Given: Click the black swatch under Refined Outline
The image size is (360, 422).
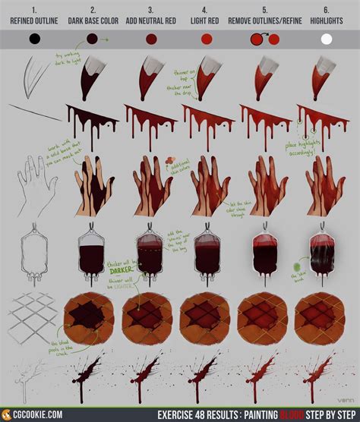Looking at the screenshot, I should (34, 39).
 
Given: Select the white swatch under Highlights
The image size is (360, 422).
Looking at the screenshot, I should (327, 39).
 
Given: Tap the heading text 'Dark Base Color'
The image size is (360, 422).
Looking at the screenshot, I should (93, 21).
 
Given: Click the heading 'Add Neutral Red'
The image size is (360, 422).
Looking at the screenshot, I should (150, 21).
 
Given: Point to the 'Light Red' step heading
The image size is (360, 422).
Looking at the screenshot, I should (209, 21).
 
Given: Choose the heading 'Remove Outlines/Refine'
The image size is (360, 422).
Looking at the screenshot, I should (267, 21).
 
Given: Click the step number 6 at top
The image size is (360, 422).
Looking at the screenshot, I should (327, 10).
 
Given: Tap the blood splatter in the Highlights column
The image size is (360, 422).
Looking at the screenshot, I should (324, 376).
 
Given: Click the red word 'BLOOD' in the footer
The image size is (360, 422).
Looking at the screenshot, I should (289, 415).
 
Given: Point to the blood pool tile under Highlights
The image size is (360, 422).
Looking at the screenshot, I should (324, 320).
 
